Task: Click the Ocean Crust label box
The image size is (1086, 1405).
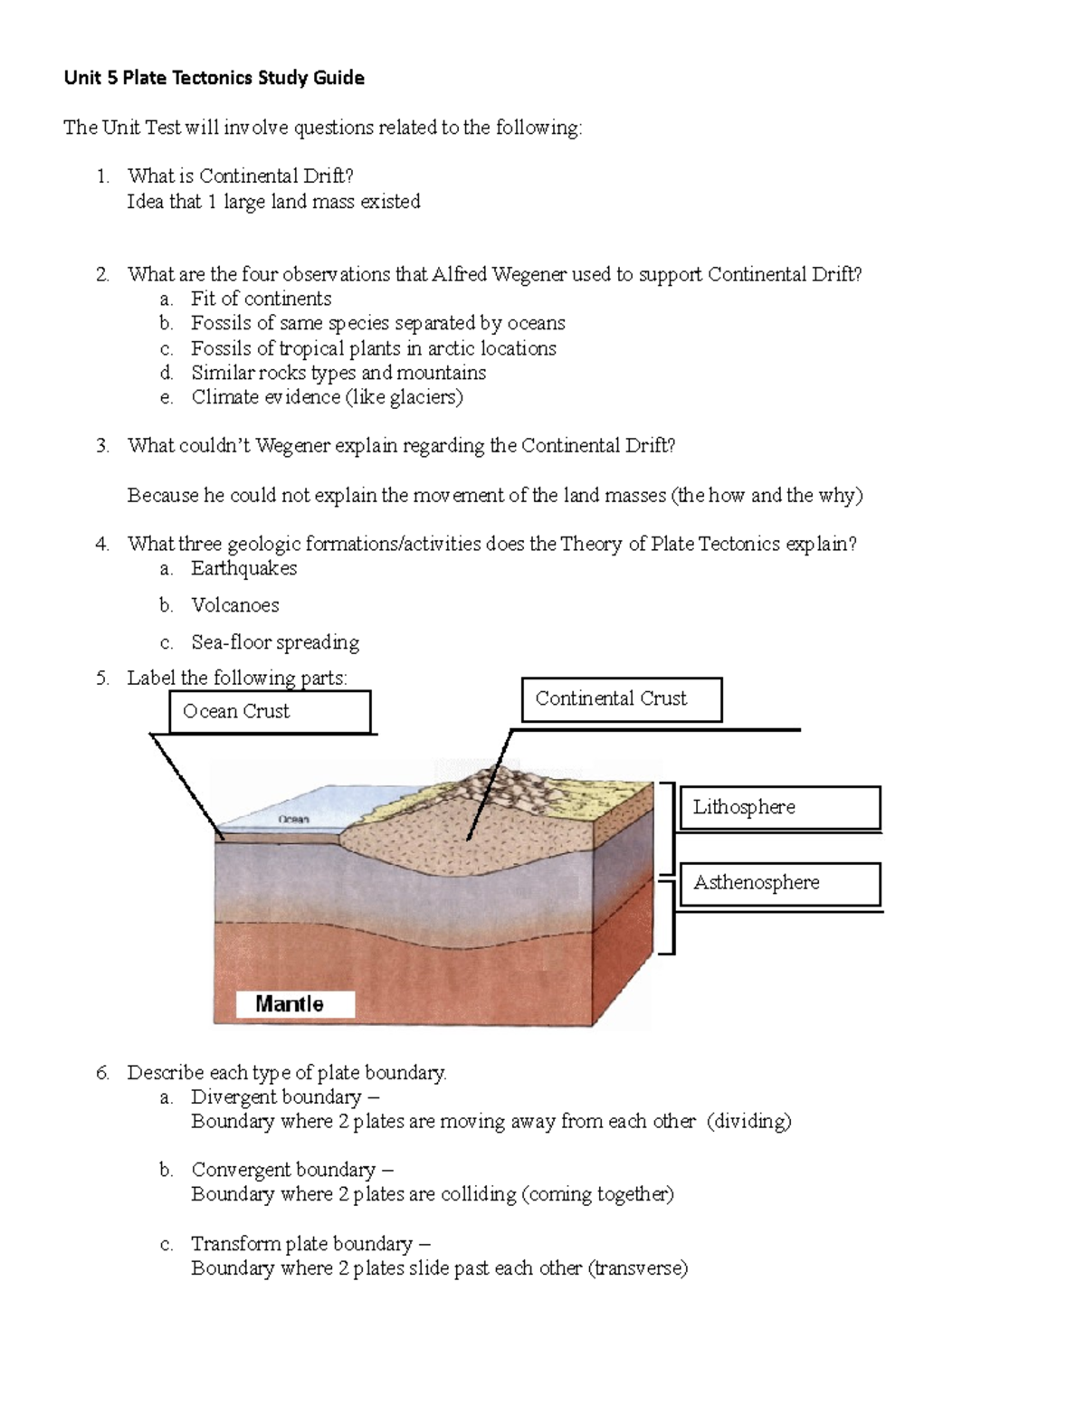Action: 270,712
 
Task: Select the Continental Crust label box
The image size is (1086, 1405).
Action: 622,699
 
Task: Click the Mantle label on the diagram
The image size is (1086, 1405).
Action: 290,1003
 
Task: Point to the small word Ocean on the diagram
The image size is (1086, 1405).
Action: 293,819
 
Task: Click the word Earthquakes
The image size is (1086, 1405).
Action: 243,568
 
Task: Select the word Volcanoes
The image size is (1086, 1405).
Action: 234,605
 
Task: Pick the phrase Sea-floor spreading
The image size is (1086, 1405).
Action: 275,642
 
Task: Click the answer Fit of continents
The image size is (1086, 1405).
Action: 261,299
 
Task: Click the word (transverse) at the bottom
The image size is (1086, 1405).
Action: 638,1268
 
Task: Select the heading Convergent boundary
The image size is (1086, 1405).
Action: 283,1170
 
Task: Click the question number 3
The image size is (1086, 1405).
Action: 102,445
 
